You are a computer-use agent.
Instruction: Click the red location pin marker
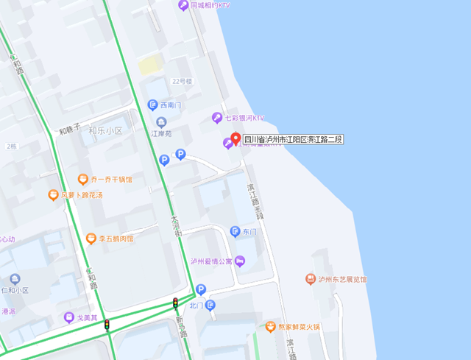235,138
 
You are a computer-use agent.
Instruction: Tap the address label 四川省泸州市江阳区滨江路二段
294,139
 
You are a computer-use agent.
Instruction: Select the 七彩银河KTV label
244,118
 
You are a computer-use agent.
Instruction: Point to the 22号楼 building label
181,81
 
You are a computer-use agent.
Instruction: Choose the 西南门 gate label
170,105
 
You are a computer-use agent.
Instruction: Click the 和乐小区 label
105,130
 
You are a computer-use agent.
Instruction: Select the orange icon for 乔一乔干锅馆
83,179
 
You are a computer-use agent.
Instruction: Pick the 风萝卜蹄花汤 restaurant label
81,195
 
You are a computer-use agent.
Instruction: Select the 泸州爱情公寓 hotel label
211,261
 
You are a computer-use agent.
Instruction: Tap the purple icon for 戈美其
68,318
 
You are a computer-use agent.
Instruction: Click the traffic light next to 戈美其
107,324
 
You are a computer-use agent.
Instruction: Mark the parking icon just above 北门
200,290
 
